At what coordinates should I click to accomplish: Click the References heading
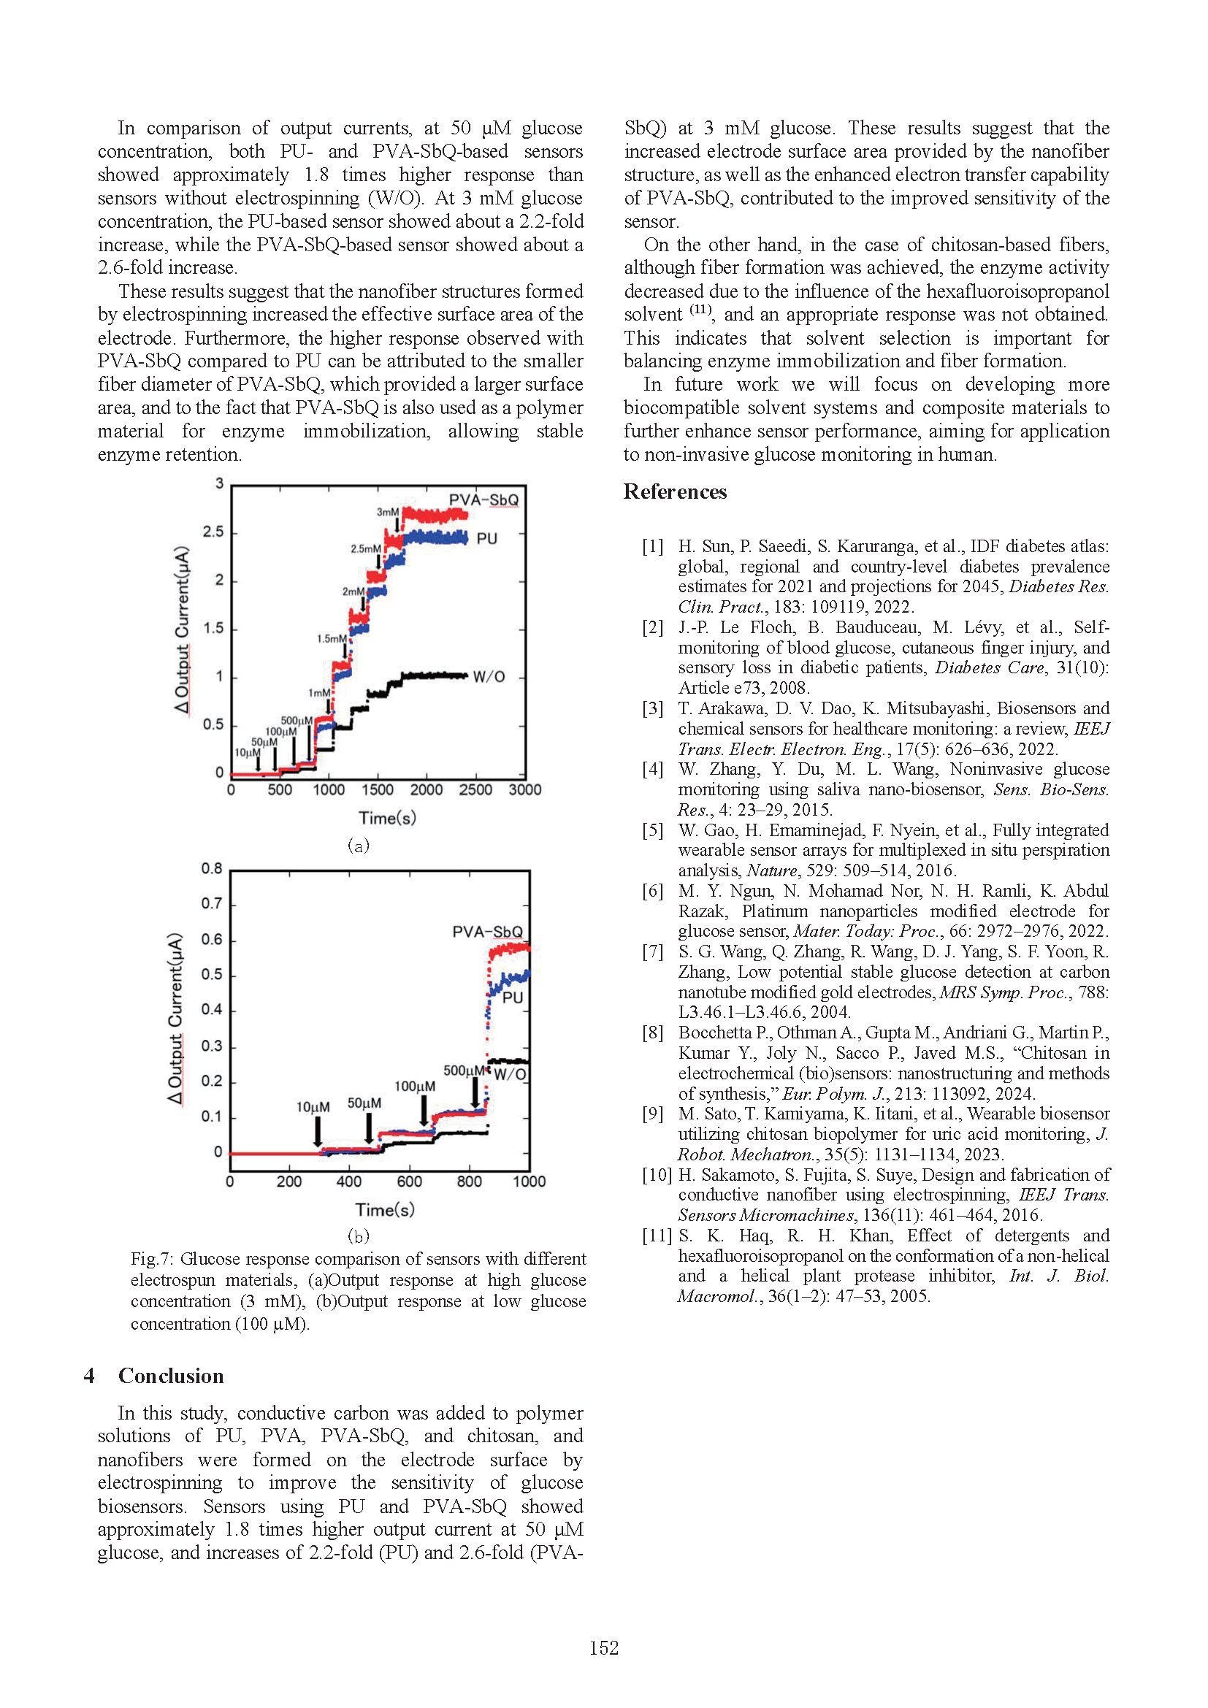675,491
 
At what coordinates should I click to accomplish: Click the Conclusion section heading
170,1376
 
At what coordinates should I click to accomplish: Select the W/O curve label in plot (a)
489,676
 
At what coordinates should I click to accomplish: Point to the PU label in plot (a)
486,539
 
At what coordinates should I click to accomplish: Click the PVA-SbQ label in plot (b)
487,932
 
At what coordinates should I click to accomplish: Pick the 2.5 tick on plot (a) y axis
213,532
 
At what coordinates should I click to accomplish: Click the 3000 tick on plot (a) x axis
524,790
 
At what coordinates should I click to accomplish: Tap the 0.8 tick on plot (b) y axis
211,869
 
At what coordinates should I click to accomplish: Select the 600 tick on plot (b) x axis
409,1182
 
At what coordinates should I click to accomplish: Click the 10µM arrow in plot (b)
318,1131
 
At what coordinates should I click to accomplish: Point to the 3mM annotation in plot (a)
388,513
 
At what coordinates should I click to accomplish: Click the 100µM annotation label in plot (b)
414,1087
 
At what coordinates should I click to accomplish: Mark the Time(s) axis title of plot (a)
387,819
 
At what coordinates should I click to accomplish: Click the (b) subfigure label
359,1236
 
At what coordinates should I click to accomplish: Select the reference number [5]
652,830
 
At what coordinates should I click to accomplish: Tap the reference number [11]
657,1236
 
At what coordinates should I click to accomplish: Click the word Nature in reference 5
767,870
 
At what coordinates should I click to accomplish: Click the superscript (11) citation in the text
700,310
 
